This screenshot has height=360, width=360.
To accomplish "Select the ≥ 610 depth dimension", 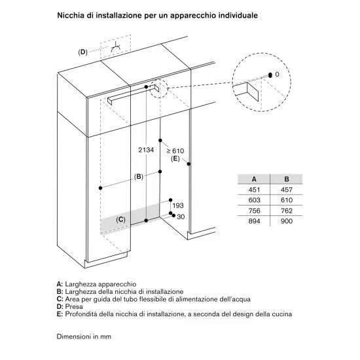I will [173, 151].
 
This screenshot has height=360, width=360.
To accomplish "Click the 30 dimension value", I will [181, 217].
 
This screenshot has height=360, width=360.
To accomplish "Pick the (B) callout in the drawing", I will [138, 177].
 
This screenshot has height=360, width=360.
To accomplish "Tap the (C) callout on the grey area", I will [120, 220].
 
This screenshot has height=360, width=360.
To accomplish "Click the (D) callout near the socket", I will [82, 51].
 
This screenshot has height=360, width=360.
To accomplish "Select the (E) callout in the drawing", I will [175, 159].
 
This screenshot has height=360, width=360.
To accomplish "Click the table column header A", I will [253, 179].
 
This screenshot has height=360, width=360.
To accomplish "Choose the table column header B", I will [286, 179].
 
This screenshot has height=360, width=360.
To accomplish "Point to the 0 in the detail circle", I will [277, 75].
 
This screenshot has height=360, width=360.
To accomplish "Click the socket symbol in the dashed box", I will [116, 48].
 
